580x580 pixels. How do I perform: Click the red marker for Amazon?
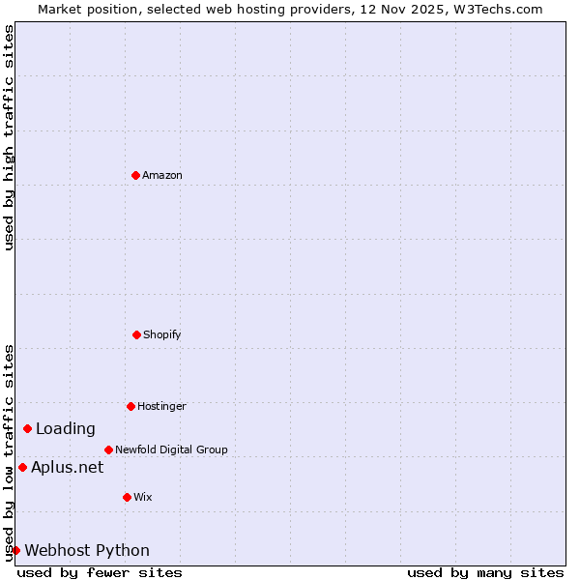pyautogui.click(x=135, y=175)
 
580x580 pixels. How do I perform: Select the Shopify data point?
pyautogui.click(x=136, y=334)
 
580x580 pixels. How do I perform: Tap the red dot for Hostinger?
pyautogui.click(x=130, y=406)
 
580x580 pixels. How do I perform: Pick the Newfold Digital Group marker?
pyautogui.click(x=108, y=449)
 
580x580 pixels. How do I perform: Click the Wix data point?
pyautogui.click(x=127, y=497)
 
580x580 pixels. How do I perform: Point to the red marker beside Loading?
pyautogui.click(x=27, y=428)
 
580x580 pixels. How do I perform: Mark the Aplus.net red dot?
pyautogui.click(x=22, y=467)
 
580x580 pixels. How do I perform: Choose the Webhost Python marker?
pyautogui.click(x=15, y=550)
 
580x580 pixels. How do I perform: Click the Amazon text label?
pyautogui.click(x=162, y=175)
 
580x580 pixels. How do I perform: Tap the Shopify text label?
pyautogui.click(x=162, y=334)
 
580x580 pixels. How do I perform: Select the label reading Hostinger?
pyautogui.click(x=161, y=406)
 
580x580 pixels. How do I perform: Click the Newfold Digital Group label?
pyautogui.click(x=171, y=449)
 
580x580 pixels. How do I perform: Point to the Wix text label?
pyautogui.click(x=143, y=497)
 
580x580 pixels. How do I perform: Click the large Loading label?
pyautogui.click(x=66, y=428)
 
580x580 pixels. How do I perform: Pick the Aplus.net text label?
pyautogui.click(x=67, y=467)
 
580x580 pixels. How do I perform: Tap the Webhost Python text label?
pyautogui.click(x=87, y=550)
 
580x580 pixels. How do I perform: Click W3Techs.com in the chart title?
pyautogui.click(x=499, y=9)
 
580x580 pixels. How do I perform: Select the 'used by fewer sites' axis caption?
pyautogui.click(x=100, y=572)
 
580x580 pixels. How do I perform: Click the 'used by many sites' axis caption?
pyautogui.click(x=485, y=572)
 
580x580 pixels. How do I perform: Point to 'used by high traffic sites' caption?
pyautogui.click(x=9, y=137)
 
